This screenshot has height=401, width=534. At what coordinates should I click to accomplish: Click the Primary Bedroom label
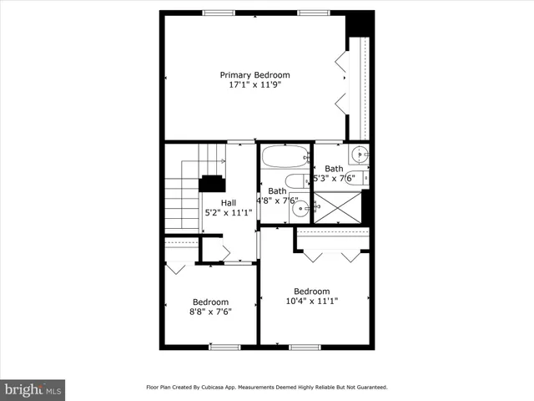pyautogui.click(x=254, y=74)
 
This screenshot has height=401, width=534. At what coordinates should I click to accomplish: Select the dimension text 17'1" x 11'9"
pyautogui.click(x=254, y=84)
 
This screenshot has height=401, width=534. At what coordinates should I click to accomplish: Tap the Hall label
pyautogui.click(x=228, y=202)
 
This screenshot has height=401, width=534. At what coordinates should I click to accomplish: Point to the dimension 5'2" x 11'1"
pyautogui.click(x=228, y=212)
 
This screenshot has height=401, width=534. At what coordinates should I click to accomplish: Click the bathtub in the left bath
pyautogui.click(x=285, y=156)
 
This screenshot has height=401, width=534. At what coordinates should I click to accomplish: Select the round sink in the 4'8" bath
pyautogui.click(x=300, y=210)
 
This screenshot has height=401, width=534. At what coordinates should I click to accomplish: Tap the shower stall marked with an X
pyautogui.click(x=338, y=206)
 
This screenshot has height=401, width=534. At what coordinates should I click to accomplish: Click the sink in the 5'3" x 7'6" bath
pyautogui.click(x=360, y=155)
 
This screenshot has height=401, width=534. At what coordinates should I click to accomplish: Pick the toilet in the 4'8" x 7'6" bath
pyautogui.click(x=296, y=180)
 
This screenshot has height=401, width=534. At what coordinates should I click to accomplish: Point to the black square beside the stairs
pyautogui.click(x=211, y=184)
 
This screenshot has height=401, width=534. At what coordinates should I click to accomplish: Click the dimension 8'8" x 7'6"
pyautogui.click(x=210, y=312)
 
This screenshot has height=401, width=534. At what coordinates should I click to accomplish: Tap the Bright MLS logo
pyautogui.click(x=33, y=389)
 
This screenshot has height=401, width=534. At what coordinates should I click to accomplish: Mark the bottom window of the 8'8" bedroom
pyautogui.click(x=224, y=347)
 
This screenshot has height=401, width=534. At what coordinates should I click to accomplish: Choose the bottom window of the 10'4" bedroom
pyautogui.click(x=305, y=347)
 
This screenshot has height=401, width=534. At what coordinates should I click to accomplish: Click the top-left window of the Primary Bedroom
pyautogui.click(x=219, y=12)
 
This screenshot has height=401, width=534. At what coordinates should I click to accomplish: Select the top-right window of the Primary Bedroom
pyautogui.click(x=313, y=12)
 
